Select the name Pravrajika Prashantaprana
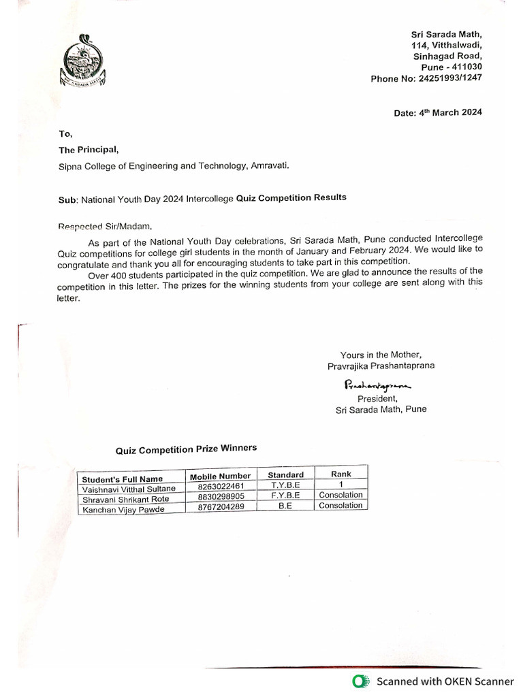(381, 366)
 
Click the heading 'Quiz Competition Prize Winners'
(186, 449)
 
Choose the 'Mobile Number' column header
(220, 476)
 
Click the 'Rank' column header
(340, 474)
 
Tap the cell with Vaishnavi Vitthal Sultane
(128, 489)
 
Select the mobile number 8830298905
(219, 497)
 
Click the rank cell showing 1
(340, 484)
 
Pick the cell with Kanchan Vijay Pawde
(123, 509)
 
